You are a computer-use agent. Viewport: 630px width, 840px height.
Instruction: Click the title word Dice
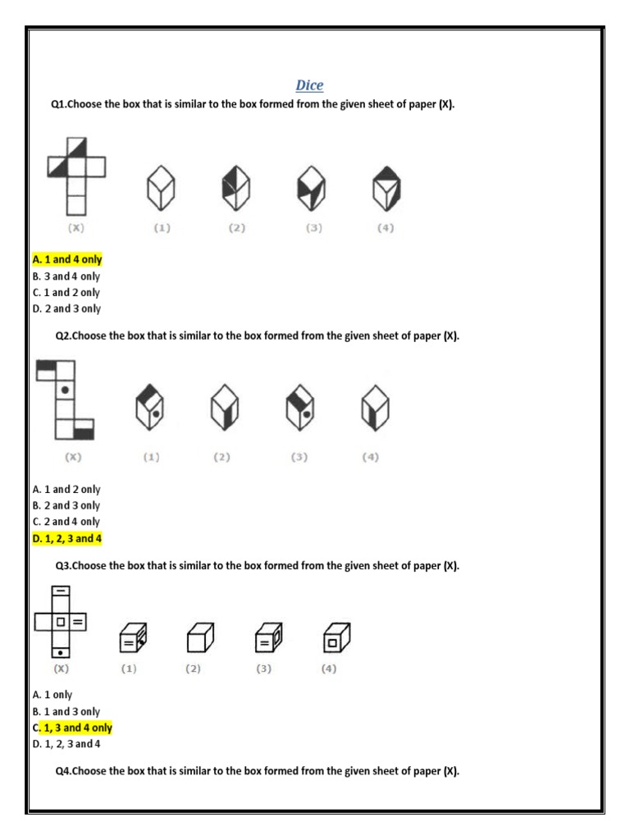[x=309, y=85]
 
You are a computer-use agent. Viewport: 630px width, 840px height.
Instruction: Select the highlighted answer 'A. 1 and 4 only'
[x=67, y=259]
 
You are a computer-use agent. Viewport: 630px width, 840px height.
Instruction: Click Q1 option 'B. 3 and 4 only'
[x=66, y=276]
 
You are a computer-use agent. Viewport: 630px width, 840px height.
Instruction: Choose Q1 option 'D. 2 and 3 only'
[x=66, y=309]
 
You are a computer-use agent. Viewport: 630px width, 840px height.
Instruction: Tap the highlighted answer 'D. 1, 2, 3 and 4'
[x=67, y=539]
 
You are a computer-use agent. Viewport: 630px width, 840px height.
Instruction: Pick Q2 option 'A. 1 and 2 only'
[x=66, y=490]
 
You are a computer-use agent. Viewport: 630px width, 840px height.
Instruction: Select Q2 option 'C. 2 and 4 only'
[x=66, y=522]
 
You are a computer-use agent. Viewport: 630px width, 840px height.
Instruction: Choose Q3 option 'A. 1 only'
[x=52, y=695]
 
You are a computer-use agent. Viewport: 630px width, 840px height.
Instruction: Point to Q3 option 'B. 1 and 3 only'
[x=66, y=712]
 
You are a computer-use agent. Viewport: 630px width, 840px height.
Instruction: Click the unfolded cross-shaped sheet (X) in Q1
[x=75, y=176]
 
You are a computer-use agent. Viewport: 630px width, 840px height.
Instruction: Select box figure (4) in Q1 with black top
[x=386, y=187]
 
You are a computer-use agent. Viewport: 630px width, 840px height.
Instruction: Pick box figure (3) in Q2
[x=300, y=408]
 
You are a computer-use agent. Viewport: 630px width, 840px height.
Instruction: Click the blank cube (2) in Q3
[x=198, y=637]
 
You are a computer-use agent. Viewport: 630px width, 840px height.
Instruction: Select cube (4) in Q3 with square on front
[x=335, y=637]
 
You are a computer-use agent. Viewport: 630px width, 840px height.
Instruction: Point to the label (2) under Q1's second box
[x=237, y=229]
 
